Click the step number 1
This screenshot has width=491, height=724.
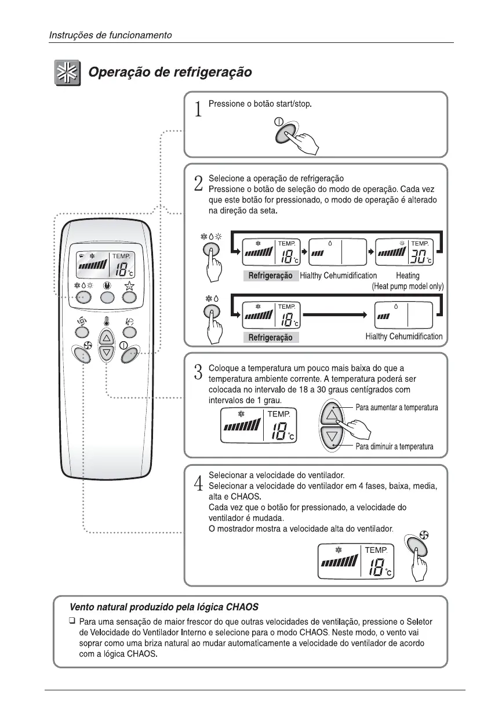[198, 108]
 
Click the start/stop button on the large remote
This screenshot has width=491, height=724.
[130, 353]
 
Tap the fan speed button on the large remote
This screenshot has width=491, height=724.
[82, 353]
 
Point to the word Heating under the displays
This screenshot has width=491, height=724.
[408, 276]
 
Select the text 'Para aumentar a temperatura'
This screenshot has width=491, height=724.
[397, 408]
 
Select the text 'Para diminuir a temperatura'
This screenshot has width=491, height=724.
[395, 447]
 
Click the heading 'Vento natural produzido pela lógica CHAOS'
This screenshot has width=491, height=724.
[164, 607]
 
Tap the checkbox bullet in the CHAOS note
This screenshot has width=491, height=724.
[72, 622]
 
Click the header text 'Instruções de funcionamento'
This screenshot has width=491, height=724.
[110, 35]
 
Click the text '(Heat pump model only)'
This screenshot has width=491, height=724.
[408, 286]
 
